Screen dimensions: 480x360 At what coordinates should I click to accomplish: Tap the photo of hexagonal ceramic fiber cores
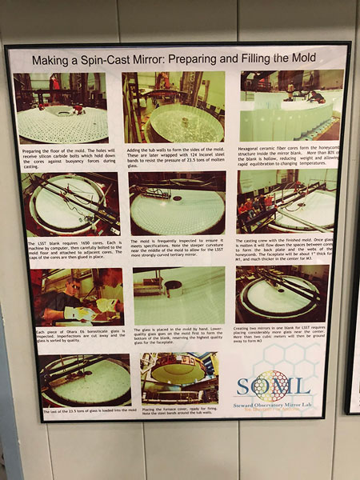[x=291, y=104]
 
